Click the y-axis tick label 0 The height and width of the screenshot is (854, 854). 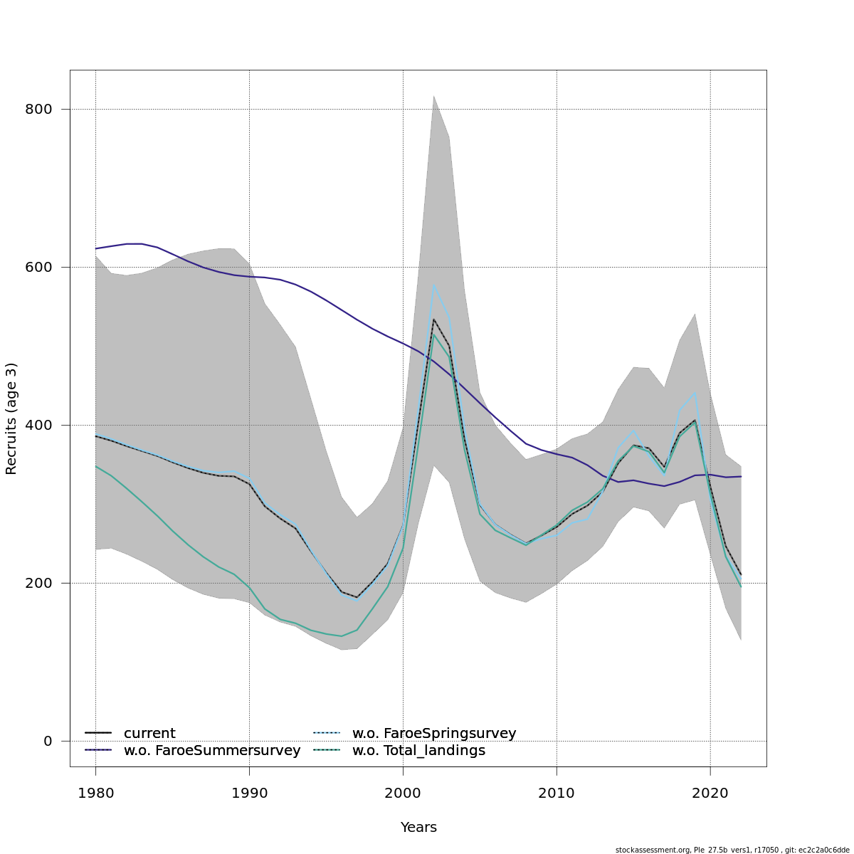(x=48, y=742)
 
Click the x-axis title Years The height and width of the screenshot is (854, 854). (x=418, y=828)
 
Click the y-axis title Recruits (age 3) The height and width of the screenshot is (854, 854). (x=11, y=418)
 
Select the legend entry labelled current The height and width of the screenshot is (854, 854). (x=149, y=734)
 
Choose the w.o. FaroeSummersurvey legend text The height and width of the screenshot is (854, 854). (x=212, y=751)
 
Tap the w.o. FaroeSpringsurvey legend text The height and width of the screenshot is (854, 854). (x=434, y=734)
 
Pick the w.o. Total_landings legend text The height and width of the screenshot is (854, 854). (x=418, y=751)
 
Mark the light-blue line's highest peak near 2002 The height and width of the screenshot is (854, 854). (x=433, y=284)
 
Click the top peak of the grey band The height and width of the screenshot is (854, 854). (x=433, y=95)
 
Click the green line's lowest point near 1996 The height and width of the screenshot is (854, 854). (x=342, y=636)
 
